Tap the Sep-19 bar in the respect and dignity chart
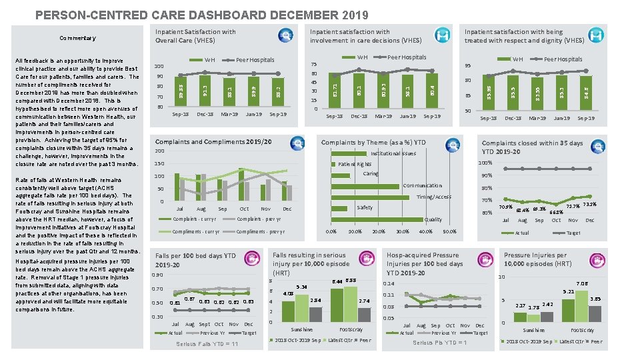(x=586, y=90)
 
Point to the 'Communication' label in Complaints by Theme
(x=422, y=185)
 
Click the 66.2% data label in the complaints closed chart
(x=555, y=212)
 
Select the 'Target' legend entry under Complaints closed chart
(x=573, y=233)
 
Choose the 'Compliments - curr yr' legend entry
(x=195, y=232)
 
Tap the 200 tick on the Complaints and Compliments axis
(x=159, y=151)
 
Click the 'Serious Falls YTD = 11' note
(x=207, y=344)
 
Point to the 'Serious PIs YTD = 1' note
(x=439, y=343)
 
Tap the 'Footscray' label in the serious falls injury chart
(x=351, y=330)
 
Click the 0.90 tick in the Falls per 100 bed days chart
(x=157, y=275)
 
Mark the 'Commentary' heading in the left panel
(x=77, y=39)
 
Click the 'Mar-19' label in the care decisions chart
(x=383, y=117)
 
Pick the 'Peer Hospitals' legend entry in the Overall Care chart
(x=255, y=60)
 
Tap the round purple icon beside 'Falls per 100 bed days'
(x=252, y=259)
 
